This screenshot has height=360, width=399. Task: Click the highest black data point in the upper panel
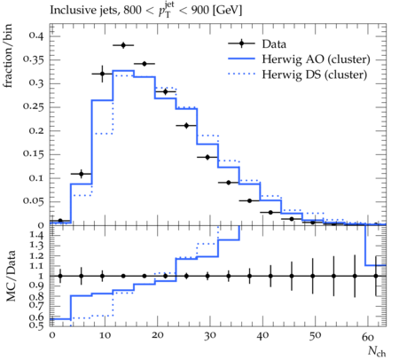[x=123, y=45]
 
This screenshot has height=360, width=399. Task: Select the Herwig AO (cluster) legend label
[x=316, y=59]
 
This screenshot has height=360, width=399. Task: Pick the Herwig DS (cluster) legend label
[x=315, y=74]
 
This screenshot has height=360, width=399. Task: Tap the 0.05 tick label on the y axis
[x=34, y=201]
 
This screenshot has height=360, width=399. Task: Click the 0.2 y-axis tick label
[x=36, y=130]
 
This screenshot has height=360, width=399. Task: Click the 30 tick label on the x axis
[x=210, y=336]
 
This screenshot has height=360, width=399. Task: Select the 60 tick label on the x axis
[x=368, y=336]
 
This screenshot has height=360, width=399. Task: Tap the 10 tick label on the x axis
[x=105, y=336]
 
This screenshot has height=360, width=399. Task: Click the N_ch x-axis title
[x=377, y=352]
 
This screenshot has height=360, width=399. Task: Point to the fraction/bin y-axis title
[x=8, y=56]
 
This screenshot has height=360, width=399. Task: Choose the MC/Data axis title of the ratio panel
[x=11, y=276]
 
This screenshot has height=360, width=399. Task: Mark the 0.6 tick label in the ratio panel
[x=36, y=317]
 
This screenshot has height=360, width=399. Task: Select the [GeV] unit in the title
[x=227, y=11]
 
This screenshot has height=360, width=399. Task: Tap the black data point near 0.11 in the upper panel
[x=82, y=174]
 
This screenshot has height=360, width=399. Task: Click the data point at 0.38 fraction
[x=123, y=45]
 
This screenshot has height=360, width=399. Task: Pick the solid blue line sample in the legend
[x=241, y=59]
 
